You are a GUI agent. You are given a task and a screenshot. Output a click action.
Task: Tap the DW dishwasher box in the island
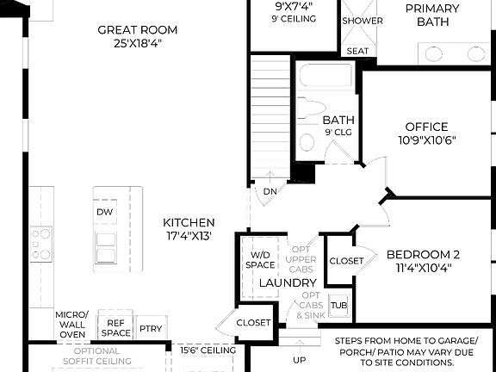point(105,212)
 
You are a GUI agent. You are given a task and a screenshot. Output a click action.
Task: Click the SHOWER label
point(363,21)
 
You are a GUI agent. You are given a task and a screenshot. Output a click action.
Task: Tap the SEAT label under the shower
point(357,52)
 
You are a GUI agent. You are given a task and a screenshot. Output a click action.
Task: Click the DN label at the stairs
point(270,191)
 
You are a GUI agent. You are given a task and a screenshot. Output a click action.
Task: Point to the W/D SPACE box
point(261,260)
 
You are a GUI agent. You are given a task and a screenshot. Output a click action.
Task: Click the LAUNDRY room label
point(288,282)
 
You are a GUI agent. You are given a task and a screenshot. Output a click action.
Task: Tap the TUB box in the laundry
point(338,306)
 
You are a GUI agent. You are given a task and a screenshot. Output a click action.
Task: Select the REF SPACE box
point(116,327)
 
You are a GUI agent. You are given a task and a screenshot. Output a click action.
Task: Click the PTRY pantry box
point(151,329)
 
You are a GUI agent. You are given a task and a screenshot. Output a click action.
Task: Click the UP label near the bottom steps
point(300,360)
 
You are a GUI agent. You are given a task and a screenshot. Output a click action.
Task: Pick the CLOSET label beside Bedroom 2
point(345,260)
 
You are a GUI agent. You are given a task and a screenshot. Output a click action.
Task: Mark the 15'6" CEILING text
point(208,350)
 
